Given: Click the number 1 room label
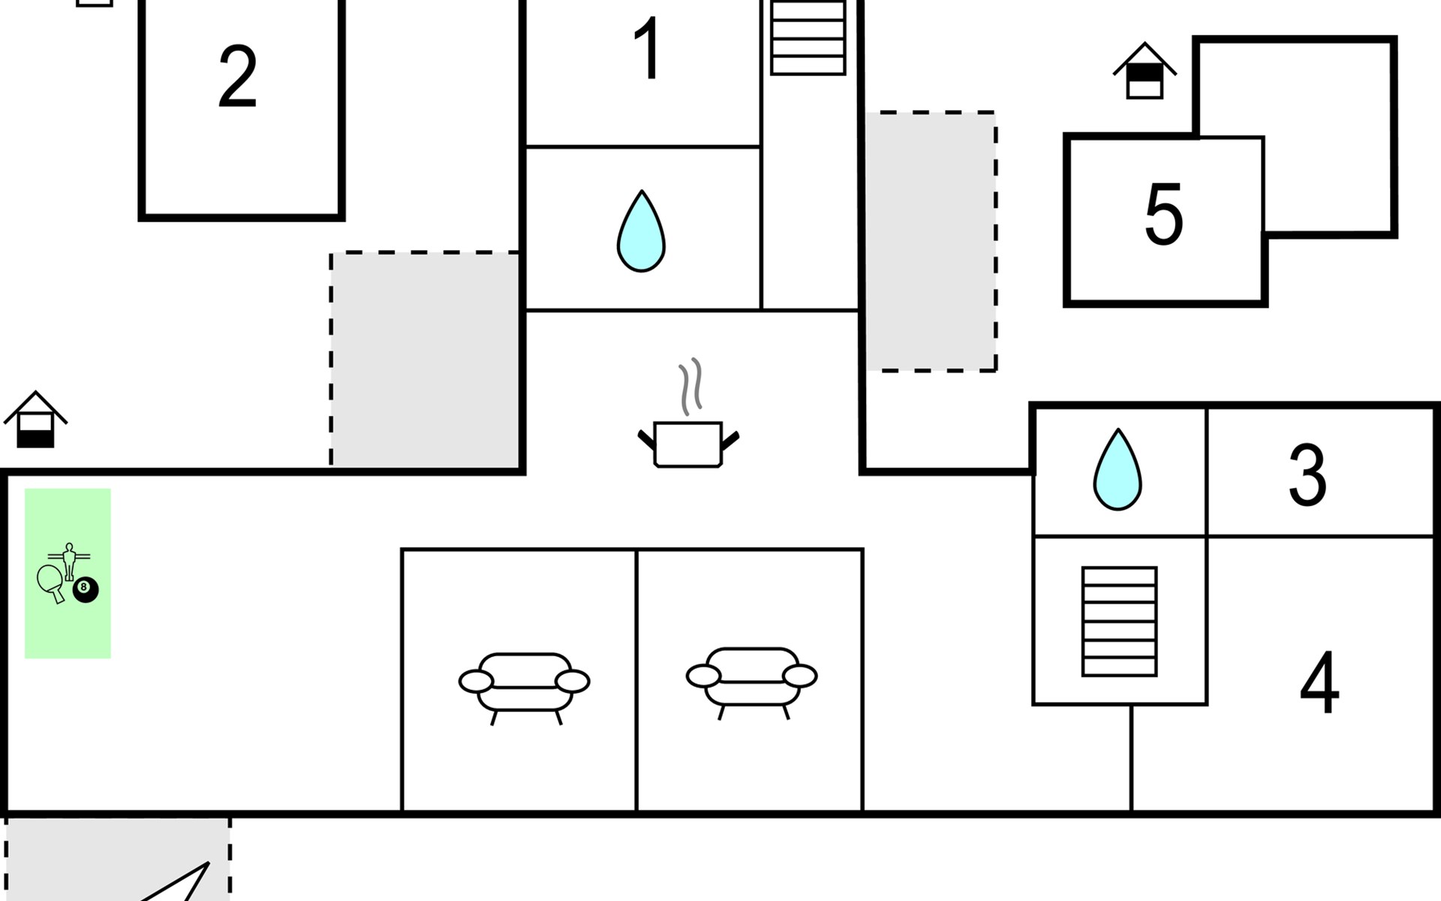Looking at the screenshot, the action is click(x=648, y=48).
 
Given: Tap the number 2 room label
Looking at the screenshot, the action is click(x=238, y=77).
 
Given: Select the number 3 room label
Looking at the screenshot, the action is click(x=1307, y=475).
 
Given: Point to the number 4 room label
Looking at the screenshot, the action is click(x=1319, y=683).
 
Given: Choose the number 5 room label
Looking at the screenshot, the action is click(x=1163, y=214).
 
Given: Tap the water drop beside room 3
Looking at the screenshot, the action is click(x=1118, y=469).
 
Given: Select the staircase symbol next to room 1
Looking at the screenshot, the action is click(x=808, y=37).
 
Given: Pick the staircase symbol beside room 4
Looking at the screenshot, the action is click(x=1119, y=622).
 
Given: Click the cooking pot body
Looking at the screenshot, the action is click(x=687, y=444).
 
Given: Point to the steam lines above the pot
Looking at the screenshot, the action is click(x=690, y=386).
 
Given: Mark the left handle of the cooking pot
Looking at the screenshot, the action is click(x=646, y=440).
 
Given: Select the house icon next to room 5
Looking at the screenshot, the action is click(x=1145, y=71).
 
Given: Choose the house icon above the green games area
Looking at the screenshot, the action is click(x=35, y=420).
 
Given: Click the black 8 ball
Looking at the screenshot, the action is click(x=86, y=589).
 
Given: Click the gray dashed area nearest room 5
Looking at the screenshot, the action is click(x=931, y=241).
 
